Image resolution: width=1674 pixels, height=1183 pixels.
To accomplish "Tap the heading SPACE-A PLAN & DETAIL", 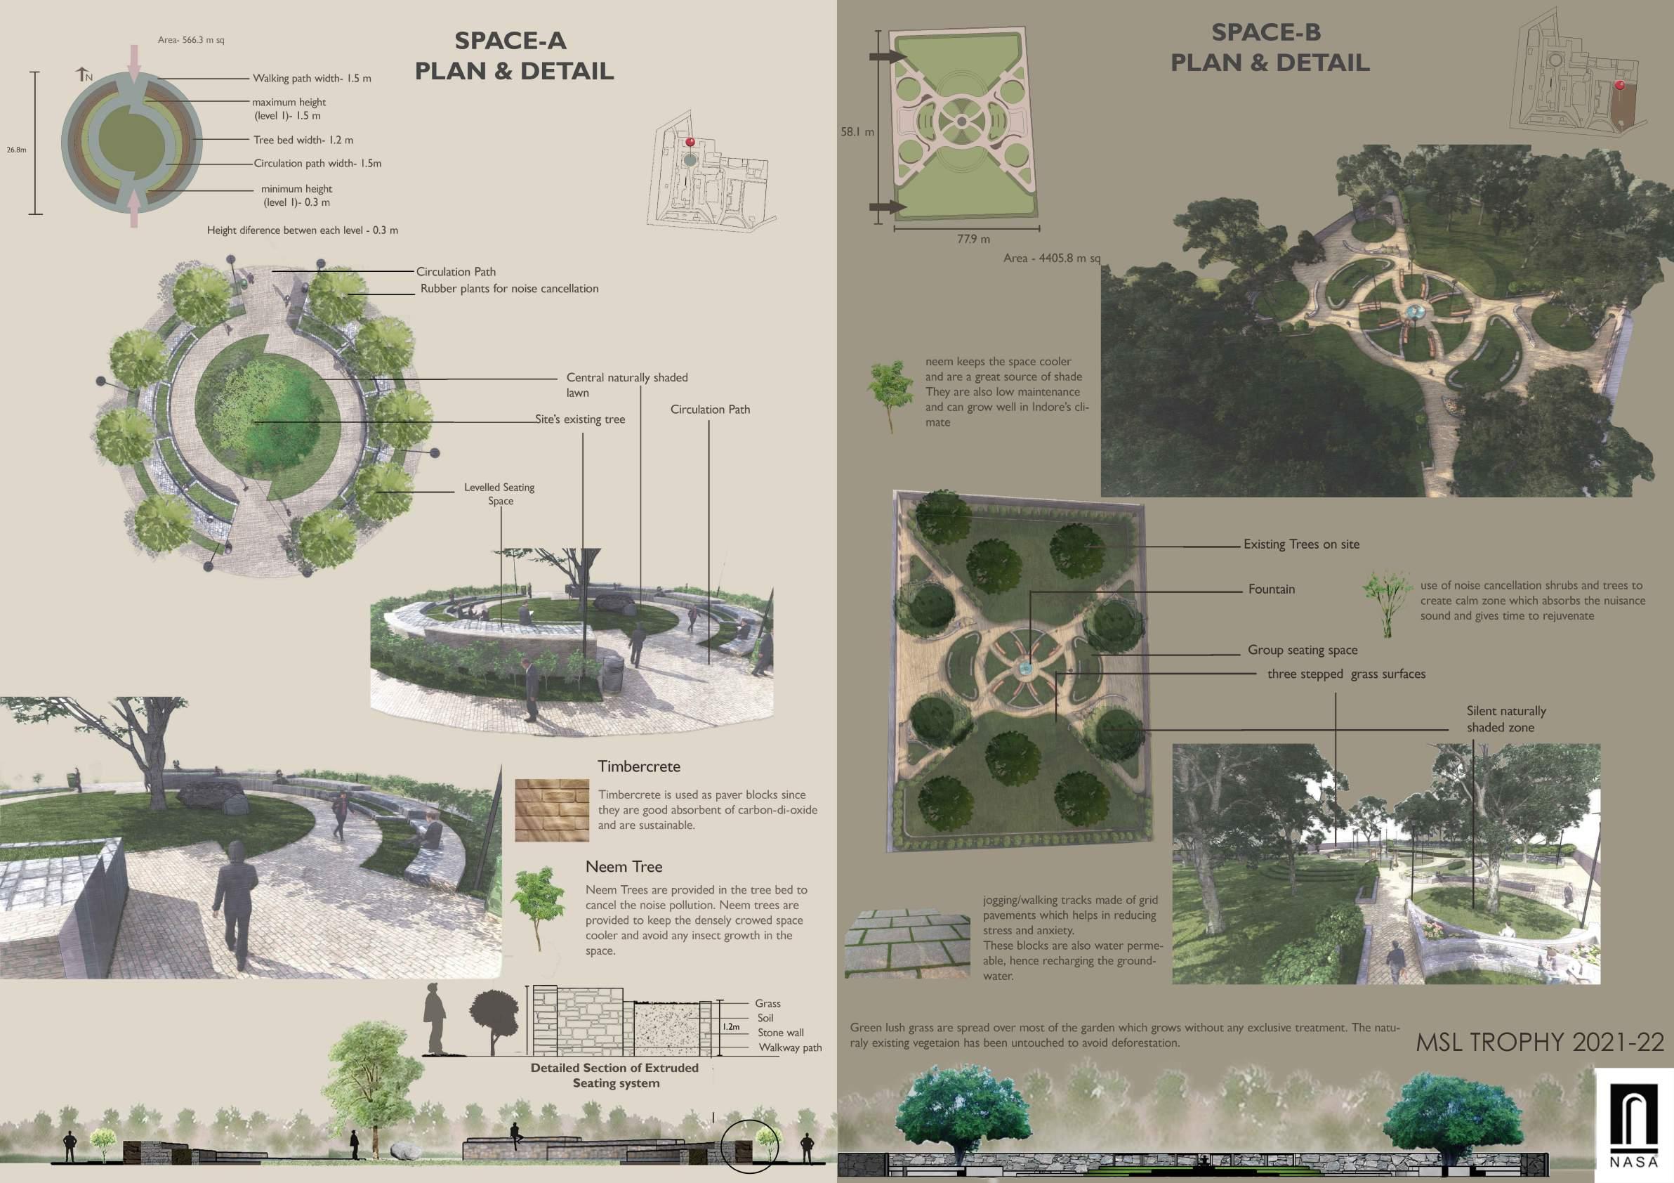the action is (x=514, y=56).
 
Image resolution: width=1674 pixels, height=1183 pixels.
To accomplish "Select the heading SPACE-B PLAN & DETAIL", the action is (x=1270, y=47).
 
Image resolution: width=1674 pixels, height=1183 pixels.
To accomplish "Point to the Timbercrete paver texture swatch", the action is (x=551, y=810).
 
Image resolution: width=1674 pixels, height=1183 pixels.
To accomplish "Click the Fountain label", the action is (x=1272, y=589).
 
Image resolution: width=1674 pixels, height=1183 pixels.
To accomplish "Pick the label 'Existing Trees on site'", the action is (x=1300, y=544).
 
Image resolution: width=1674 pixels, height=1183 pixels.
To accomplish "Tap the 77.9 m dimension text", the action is (x=973, y=238).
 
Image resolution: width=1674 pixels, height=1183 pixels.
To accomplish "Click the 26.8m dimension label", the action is (x=17, y=150).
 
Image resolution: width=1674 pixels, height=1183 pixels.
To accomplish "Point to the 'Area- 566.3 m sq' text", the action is (x=191, y=40).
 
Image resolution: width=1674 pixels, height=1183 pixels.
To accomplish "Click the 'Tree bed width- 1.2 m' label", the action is (x=303, y=140).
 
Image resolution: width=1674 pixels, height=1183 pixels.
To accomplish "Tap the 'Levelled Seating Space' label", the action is (x=500, y=494).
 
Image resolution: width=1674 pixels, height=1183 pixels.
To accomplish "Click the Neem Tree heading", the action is (x=624, y=866).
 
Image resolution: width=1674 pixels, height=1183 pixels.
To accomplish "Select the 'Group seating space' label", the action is (x=1302, y=650).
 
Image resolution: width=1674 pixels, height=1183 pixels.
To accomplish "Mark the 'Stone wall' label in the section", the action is (x=780, y=1033).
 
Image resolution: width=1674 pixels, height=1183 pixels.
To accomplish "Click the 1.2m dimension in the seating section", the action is (x=730, y=1027).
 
